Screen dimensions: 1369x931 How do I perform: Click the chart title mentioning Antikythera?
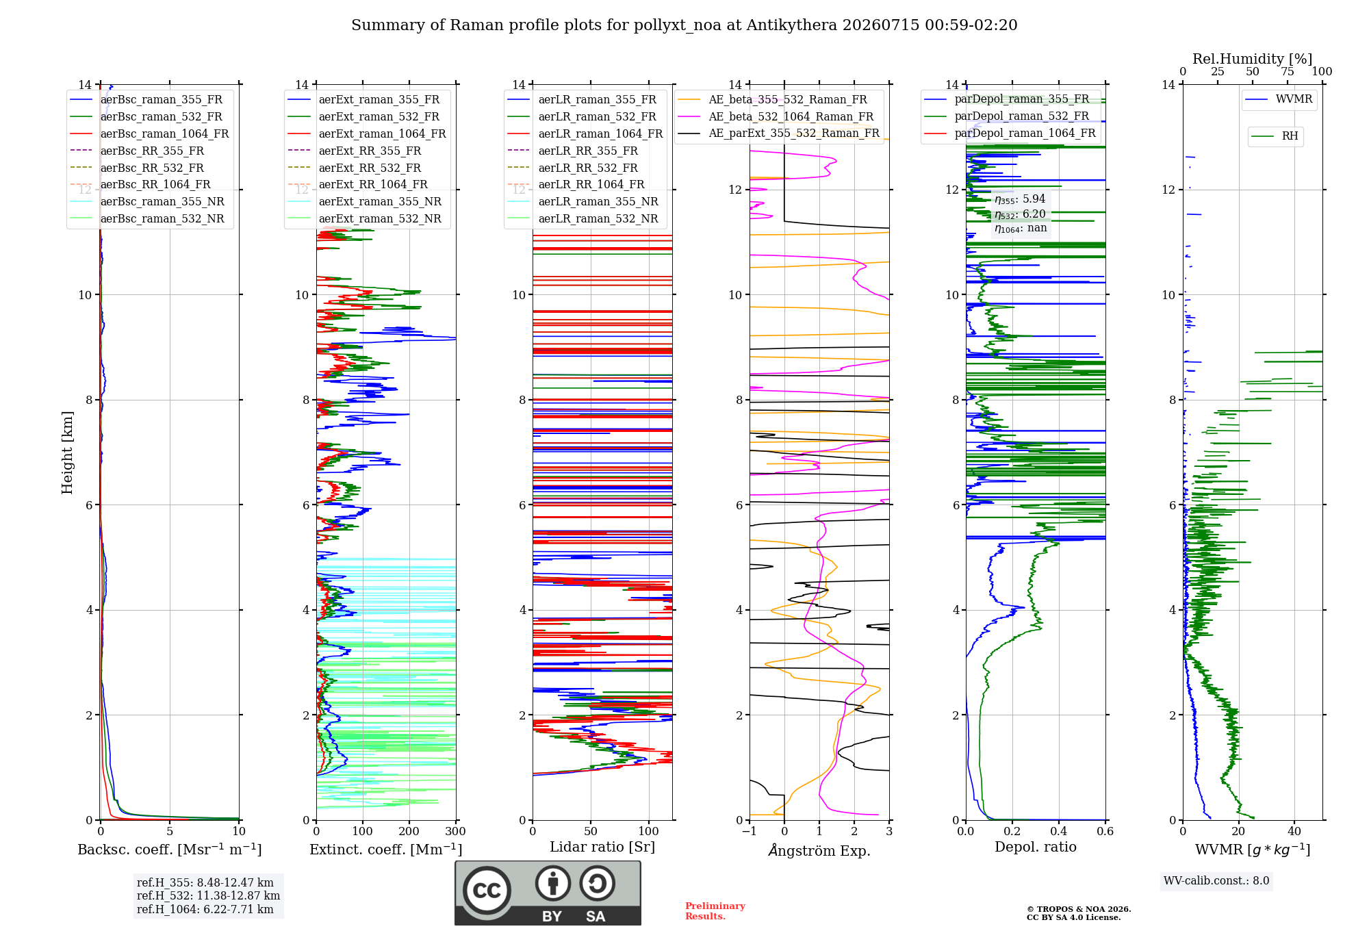click(684, 25)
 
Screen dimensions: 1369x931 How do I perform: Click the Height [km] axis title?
click(67, 452)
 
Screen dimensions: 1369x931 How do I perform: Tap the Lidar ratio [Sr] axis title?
click(602, 847)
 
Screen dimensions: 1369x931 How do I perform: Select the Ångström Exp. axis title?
click(819, 850)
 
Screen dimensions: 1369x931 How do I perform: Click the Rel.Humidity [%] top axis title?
click(1253, 59)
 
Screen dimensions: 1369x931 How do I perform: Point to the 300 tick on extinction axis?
click(455, 832)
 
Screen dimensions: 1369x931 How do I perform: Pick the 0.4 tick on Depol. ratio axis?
click(1059, 832)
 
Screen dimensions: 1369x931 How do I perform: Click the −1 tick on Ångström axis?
click(749, 832)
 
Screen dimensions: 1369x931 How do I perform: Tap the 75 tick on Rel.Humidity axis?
click(1288, 72)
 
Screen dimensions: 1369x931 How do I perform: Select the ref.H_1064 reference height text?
click(205, 910)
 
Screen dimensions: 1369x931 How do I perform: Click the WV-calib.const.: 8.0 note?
click(1216, 881)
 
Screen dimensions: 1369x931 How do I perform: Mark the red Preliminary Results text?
click(715, 911)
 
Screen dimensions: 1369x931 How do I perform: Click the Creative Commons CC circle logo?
click(487, 891)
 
